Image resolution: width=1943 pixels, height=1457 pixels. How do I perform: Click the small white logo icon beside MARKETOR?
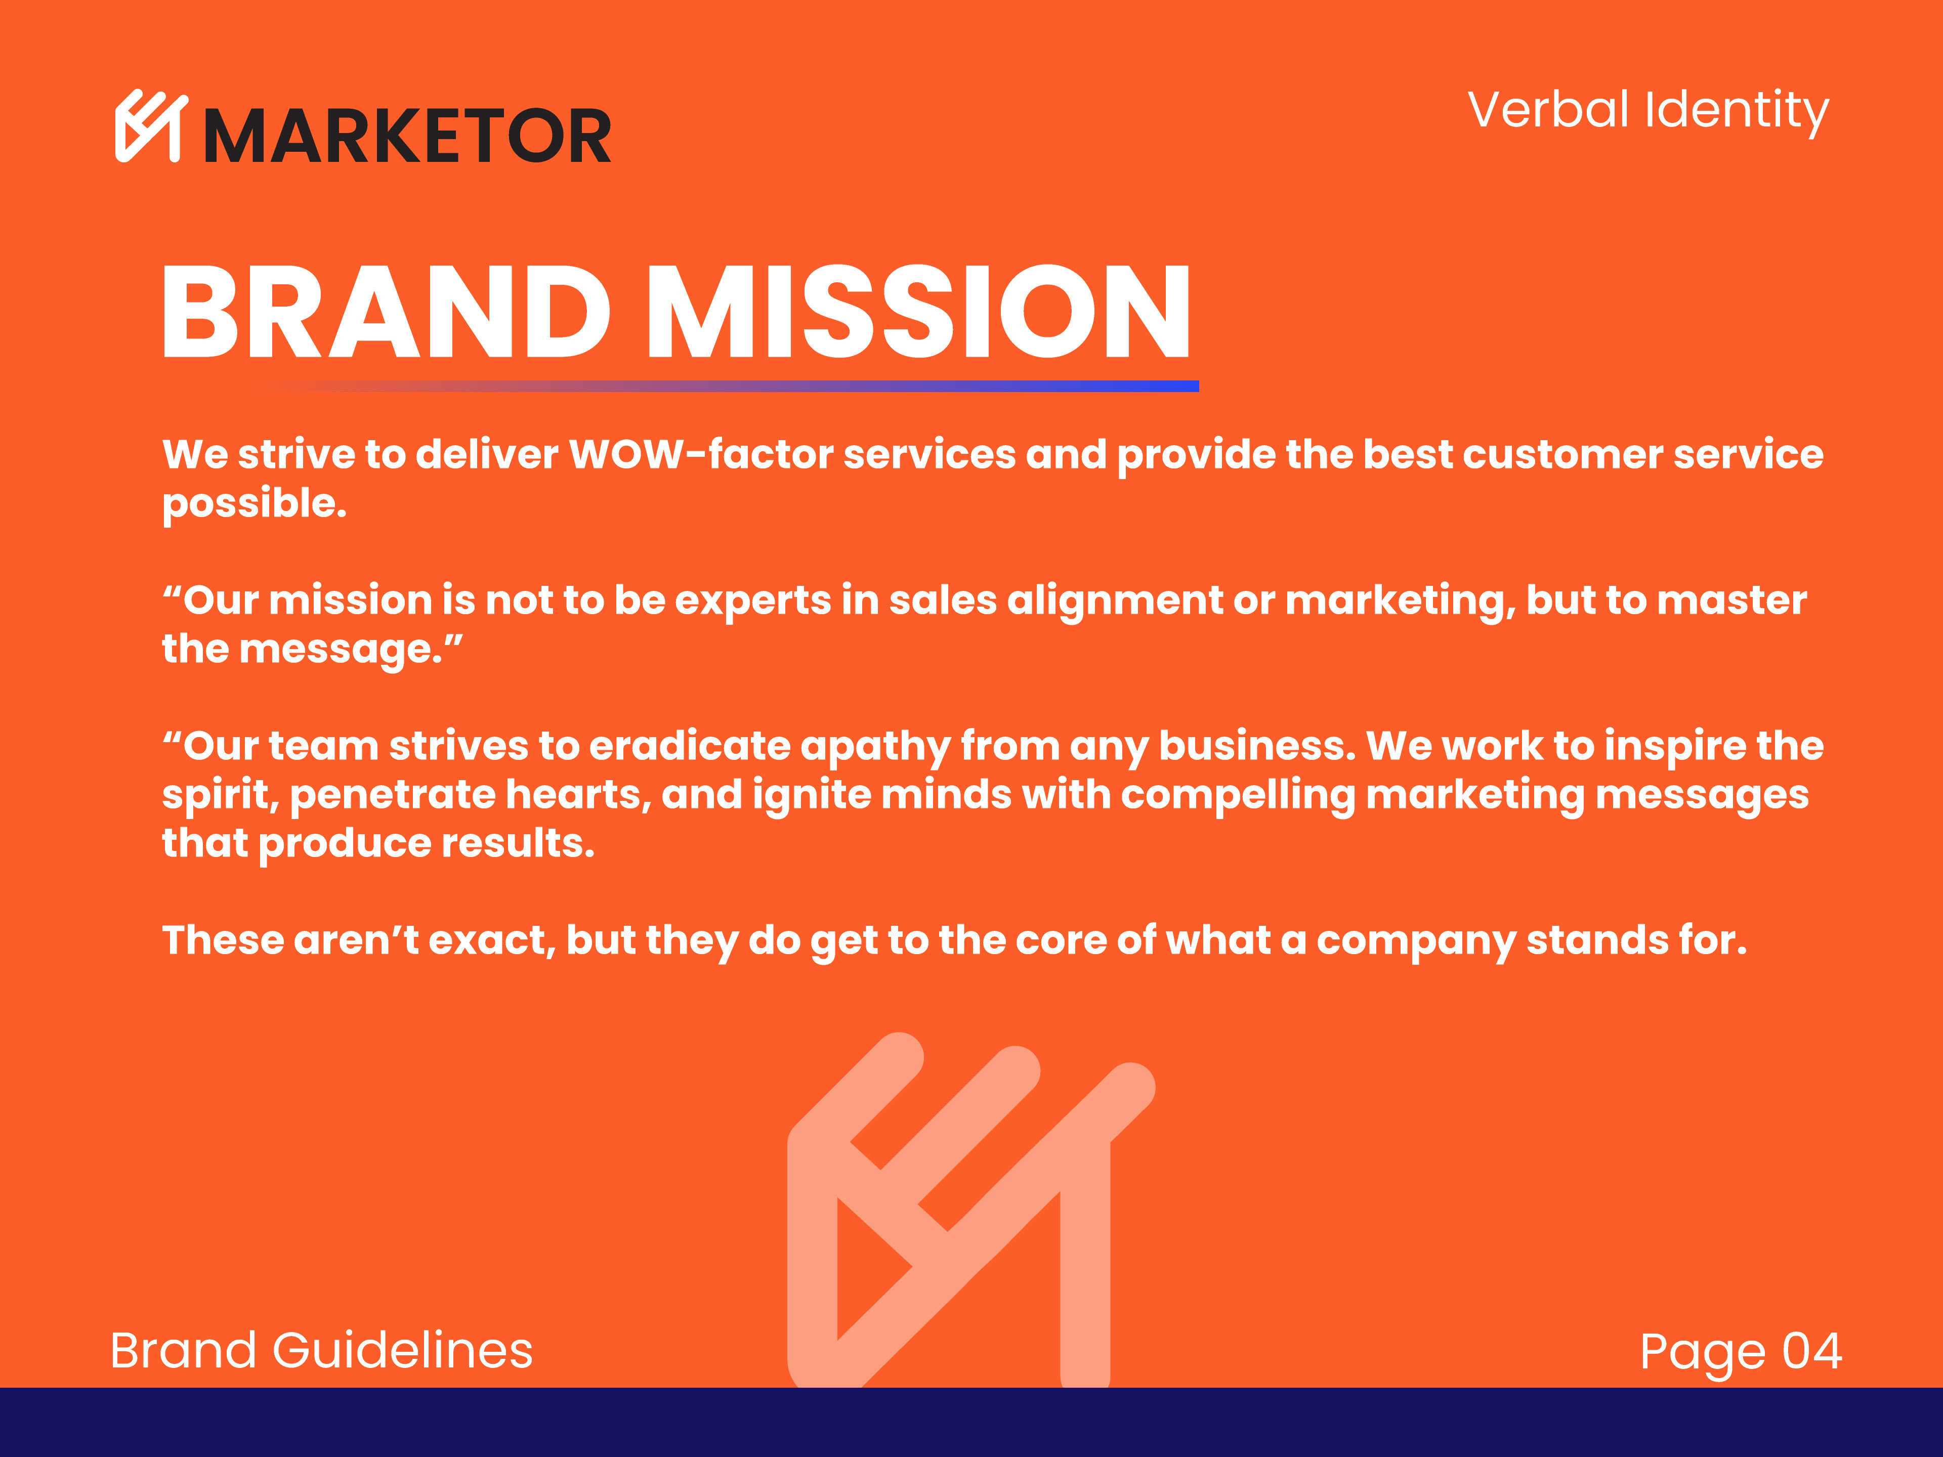click(151, 125)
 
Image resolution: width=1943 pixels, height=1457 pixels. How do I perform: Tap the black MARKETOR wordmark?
click(407, 136)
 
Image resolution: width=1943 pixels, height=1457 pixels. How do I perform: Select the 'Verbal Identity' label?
click(1648, 111)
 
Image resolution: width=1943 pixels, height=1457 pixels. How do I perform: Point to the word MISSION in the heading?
click(919, 312)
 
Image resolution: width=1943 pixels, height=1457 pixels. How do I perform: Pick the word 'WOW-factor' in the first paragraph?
click(701, 454)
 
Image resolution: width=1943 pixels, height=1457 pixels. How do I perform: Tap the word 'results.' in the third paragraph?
click(518, 844)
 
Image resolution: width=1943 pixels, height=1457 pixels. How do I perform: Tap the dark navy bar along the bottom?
click(971, 1423)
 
